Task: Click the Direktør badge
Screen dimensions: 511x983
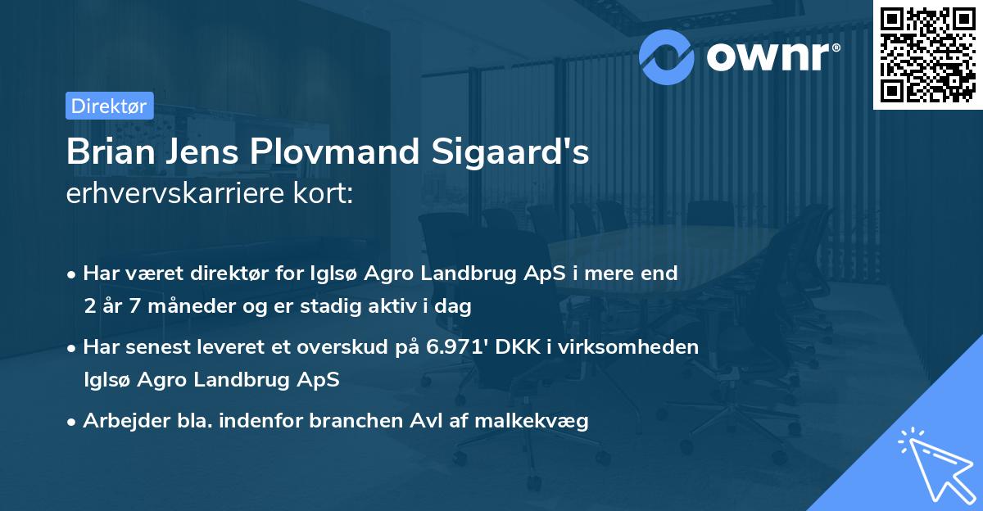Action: (109, 106)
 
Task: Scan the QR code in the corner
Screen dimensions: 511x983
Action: (928, 54)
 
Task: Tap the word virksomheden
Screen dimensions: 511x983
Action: (646, 346)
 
